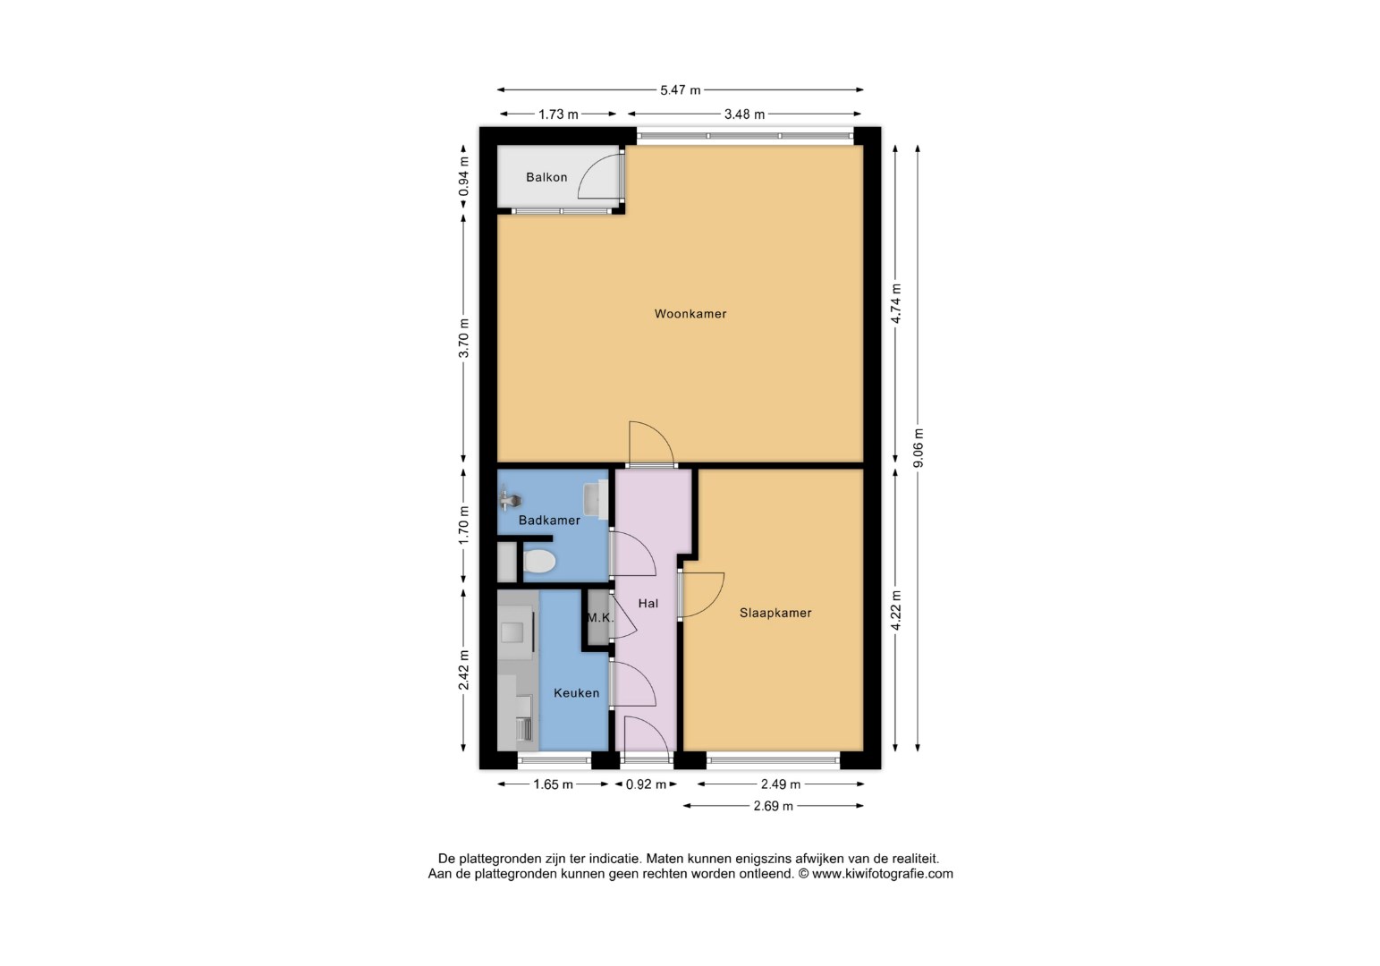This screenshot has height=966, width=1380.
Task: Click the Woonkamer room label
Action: click(690, 314)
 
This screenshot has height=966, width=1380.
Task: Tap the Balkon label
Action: click(546, 177)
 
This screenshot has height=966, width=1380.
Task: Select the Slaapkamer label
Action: click(775, 613)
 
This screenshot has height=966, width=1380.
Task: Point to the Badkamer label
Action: click(549, 521)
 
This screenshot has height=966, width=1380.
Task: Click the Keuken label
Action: click(576, 693)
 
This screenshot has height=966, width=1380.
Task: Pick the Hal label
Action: click(648, 604)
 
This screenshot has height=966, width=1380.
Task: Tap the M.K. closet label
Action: click(600, 617)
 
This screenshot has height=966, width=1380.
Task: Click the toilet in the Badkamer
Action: click(539, 561)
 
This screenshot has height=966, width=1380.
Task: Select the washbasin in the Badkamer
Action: click(595, 499)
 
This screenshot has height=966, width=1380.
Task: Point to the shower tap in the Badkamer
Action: click(509, 498)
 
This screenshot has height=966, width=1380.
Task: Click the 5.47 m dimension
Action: click(680, 90)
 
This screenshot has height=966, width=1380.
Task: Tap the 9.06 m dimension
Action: click(918, 448)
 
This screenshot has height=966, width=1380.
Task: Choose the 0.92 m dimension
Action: click(646, 784)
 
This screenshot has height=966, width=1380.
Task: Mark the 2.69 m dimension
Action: click(773, 806)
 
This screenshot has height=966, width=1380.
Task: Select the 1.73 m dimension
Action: click(558, 114)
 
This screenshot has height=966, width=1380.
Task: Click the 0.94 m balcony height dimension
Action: click(464, 177)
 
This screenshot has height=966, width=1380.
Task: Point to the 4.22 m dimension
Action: click(896, 610)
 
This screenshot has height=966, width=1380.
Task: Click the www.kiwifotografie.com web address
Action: click(882, 874)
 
